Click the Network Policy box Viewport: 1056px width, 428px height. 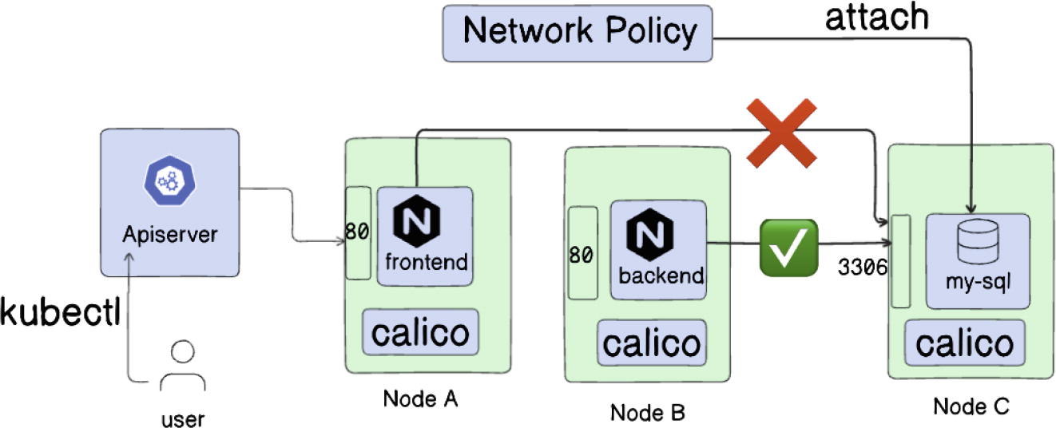578,33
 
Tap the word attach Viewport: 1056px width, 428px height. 876,18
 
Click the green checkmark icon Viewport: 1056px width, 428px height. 788,245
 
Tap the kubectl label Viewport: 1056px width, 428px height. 61,312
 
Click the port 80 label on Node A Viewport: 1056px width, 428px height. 356,232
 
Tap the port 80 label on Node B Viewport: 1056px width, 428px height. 581,253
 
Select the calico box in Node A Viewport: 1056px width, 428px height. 420,331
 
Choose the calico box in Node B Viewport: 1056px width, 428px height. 652,343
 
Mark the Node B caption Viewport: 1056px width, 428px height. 648,412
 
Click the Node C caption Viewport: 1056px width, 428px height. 971,406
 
